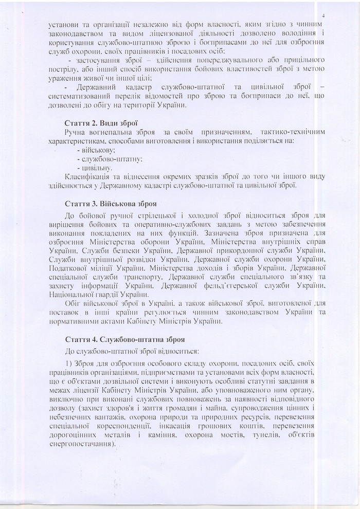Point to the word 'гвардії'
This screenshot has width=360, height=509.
pos(106,295)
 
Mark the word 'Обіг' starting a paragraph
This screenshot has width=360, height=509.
pos(75,304)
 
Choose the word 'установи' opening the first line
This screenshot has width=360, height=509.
pos(64,25)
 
